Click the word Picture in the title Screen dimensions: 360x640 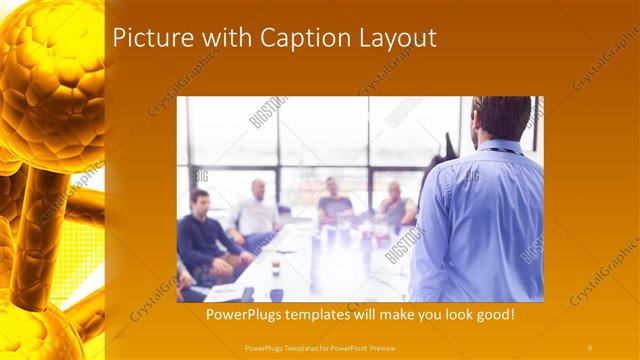pos(147,39)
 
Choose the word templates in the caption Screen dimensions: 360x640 pos(330,314)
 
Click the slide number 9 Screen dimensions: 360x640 pos(589,347)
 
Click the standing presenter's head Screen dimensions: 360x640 pos(501,119)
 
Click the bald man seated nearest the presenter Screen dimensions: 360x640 pos(394,205)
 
